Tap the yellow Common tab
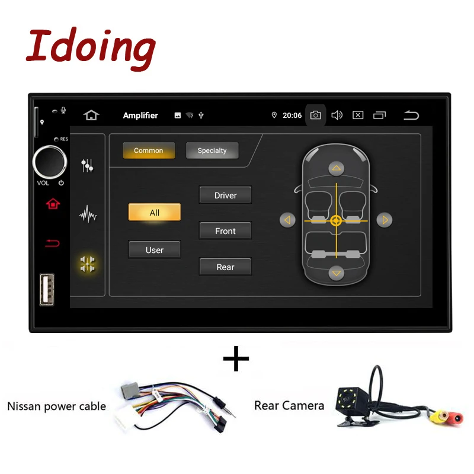coord(149,150)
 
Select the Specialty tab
coord(212,150)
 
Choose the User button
coord(155,249)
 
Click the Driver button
coord(225,195)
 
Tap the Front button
coord(225,231)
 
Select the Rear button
coord(225,267)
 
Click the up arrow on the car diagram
coord(336,168)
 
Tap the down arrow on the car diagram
coord(336,273)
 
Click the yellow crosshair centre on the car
coord(336,220)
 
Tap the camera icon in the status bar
coord(315,115)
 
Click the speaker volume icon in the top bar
coord(337,115)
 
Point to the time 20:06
coord(292,116)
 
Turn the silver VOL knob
coord(50,162)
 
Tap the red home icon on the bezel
coord(53,204)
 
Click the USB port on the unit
coord(47,289)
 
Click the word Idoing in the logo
coord(91,49)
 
